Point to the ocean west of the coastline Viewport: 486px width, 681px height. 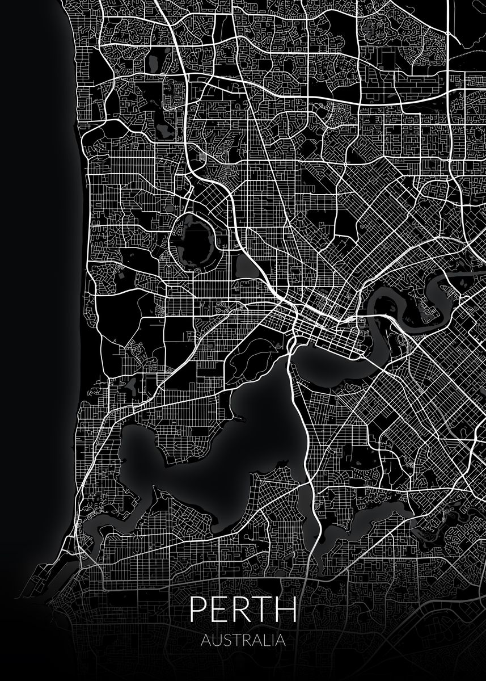(34, 284)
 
